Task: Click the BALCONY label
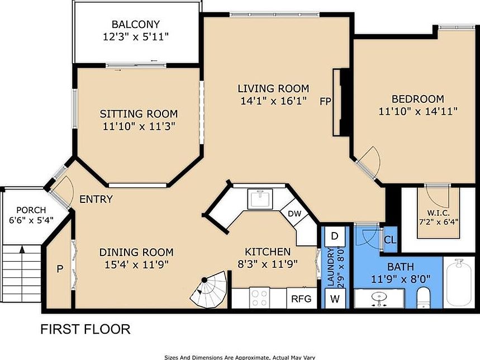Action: click(x=136, y=24)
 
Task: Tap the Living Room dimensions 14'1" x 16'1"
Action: click(x=273, y=101)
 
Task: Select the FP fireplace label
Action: click(x=325, y=101)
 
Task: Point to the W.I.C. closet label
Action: click(x=438, y=213)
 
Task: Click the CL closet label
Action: click(x=389, y=240)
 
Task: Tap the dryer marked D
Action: click(x=335, y=236)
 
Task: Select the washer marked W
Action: click(x=335, y=299)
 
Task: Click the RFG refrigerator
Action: click(x=302, y=298)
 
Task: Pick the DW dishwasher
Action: click(x=295, y=214)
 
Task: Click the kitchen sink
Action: click(x=260, y=199)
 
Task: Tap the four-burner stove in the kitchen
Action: click(x=260, y=297)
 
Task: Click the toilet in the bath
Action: click(x=424, y=297)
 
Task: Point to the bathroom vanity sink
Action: click(x=379, y=298)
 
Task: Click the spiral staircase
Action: click(x=209, y=290)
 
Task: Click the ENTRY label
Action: click(x=96, y=199)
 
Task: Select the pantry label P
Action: click(x=60, y=269)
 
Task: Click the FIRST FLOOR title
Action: click(x=85, y=329)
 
